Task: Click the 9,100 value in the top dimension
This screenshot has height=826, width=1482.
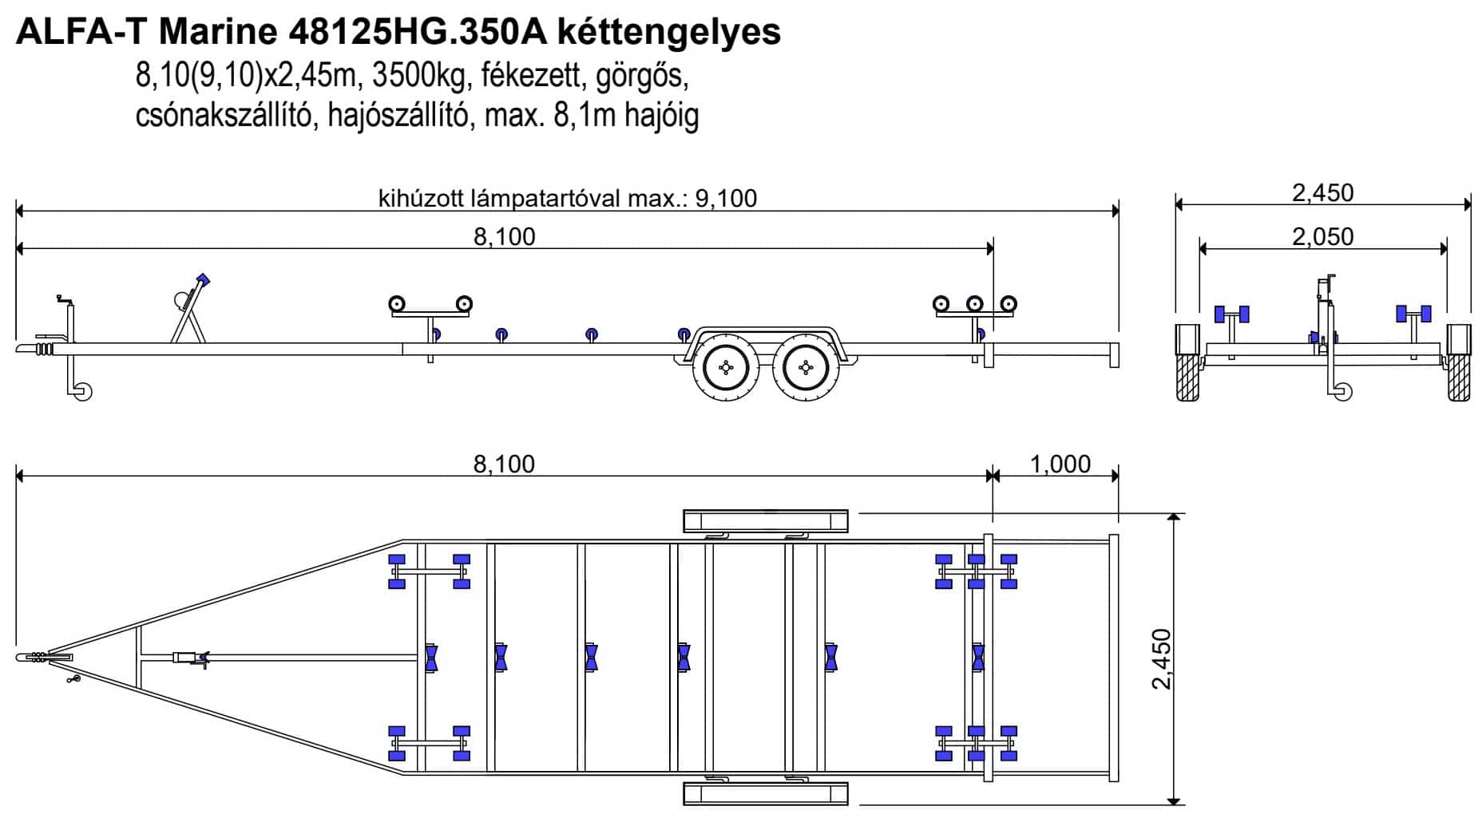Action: [726, 198]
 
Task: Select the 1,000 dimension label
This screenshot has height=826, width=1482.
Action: [1060, 464]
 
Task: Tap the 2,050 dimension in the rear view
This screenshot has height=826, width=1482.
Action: [1323, 236]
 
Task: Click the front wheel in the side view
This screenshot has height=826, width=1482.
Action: [726, 367]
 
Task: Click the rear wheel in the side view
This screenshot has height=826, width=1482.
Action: [806, 367]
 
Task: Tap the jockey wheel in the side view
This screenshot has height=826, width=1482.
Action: [82, 391]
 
